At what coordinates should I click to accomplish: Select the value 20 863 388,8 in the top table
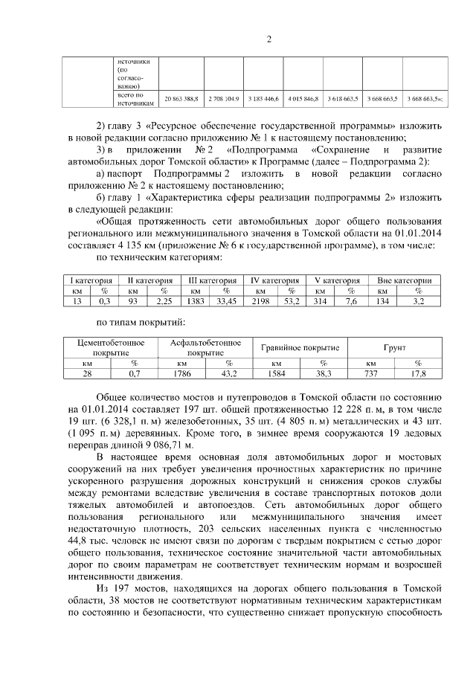tap(181, 98)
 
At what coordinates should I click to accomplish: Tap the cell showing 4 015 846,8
tap(302, 98)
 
